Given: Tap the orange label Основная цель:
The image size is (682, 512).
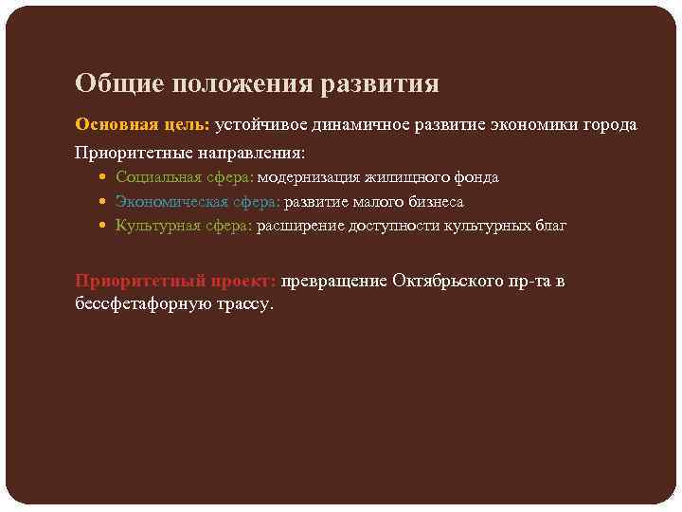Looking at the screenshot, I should pos(142,125).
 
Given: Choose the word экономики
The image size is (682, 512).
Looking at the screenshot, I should pos(535,125).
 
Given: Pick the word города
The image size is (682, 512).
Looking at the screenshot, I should pos(612,125).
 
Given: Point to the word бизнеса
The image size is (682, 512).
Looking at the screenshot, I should pos(434,202).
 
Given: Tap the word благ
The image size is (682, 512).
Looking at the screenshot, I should pos(548,226).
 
